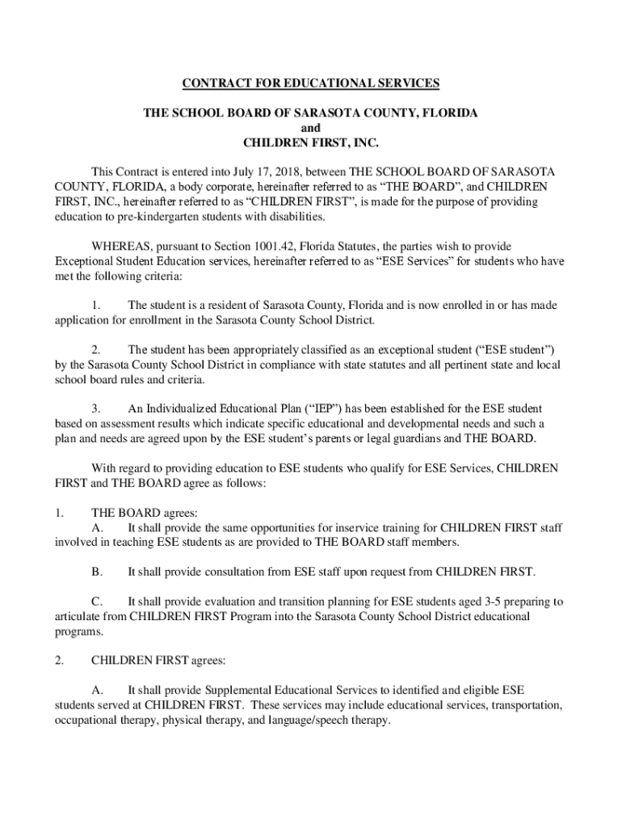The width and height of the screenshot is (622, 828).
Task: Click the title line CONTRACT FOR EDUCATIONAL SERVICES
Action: pyautogui.click(x=310, y=82)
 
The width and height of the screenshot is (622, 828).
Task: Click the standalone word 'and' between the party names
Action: pyautogui.click(x=310, y=129)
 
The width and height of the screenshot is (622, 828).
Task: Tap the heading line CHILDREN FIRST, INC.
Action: pyautogui.click(x=310, y=144)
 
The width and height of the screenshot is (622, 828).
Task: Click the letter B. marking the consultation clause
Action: pyautogui.click(x=97, y=572)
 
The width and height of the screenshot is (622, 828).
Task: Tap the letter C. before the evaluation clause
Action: pyautogui.click(x=97, y=602)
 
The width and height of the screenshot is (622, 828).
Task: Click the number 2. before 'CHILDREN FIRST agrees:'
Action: pyautogui.click(x=59, y=661)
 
